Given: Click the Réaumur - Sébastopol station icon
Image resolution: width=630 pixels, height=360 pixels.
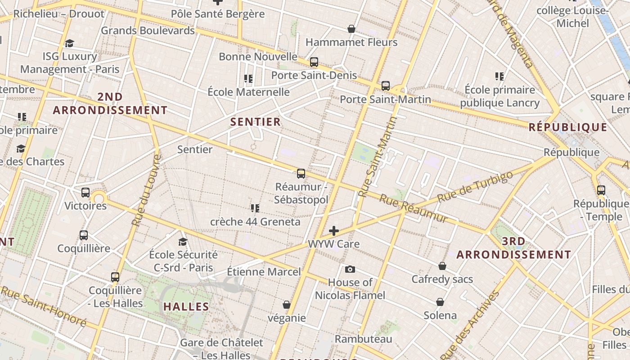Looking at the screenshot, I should pyautogui.click(x=301, y=173).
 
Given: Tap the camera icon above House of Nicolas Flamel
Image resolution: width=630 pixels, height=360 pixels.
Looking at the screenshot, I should pyautogui.click(x=350, y=269).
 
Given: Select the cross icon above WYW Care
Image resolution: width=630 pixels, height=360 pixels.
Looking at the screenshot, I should pyautogui.click(x=333, y=231).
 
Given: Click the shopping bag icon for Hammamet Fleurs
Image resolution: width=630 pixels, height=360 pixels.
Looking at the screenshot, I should pyautogui.click(x=351, y=29).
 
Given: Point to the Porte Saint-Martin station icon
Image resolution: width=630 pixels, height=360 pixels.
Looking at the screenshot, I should pyautogui.click(x=385, y=85).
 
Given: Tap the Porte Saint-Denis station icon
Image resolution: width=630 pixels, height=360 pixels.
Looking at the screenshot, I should pyautogui.click(x=314, y=62).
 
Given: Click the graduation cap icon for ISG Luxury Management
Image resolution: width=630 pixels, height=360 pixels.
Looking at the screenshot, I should pyautogui.click(x=69, y=43).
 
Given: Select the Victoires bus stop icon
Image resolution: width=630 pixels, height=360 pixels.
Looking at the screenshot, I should pyautogui.click(x=85, y=193).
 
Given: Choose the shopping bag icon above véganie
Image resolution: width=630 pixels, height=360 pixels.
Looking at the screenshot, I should pyautogui.click(x=286, y=305).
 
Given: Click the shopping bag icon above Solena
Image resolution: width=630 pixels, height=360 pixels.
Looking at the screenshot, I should pyautogui.click(x=440, y=302).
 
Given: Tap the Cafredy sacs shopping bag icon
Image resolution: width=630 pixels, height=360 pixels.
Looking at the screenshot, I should pyautogui.click(x=442, y=266).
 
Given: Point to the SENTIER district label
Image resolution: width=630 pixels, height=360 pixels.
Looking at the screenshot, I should pyautogui.click(x=255, y=122).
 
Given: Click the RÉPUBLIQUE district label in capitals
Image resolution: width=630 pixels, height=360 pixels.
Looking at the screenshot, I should pyautogui.click(x=568, y=127).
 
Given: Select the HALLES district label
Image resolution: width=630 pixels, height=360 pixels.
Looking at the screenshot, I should pyautogui.click(x=186, y=307).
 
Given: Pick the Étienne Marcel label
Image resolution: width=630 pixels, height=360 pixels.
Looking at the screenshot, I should pyautogui.click(x=264, y=271).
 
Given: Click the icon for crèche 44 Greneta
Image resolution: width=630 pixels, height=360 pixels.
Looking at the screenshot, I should pyautogui.click(x=255, y=208).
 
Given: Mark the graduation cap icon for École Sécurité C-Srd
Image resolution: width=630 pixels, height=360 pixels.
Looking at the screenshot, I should pyautogui.click(x=183, y=242).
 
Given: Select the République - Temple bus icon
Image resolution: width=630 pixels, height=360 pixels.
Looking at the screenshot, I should pyautogui.click(x=601, y=190).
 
